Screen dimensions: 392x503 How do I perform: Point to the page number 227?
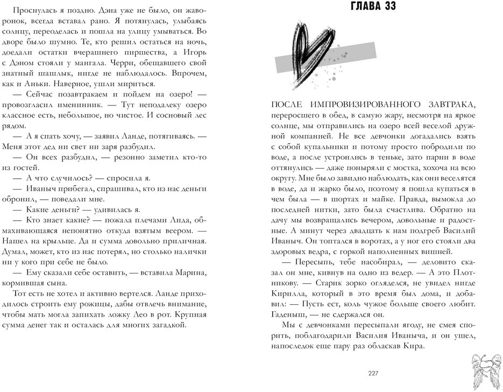[373, 374]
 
